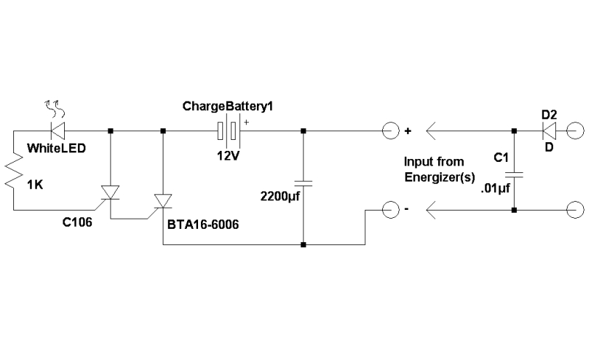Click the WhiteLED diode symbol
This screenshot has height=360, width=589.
(57, 131)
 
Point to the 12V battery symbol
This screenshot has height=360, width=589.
(228, 131)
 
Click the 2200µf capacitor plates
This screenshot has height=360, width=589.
(303, 183)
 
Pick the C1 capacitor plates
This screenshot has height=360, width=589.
(514, 174)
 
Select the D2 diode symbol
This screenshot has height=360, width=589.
(549, 131)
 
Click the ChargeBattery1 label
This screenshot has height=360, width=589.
(228, 106)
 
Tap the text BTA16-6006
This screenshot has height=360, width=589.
(203, 225)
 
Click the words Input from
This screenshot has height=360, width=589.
(434, 161)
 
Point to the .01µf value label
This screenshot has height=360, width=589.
(495, 188)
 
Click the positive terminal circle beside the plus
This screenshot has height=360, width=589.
(391, 131)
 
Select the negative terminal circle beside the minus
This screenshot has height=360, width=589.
(391, 209)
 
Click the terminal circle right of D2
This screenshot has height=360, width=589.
(575, 131)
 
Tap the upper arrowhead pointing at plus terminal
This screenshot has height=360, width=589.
(431, 131)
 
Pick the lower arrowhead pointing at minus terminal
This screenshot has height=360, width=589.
(431, 210)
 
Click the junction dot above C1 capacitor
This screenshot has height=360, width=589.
(514, 131)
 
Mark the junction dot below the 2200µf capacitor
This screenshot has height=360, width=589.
(303, 244)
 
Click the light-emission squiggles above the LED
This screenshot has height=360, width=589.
(54, 109)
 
